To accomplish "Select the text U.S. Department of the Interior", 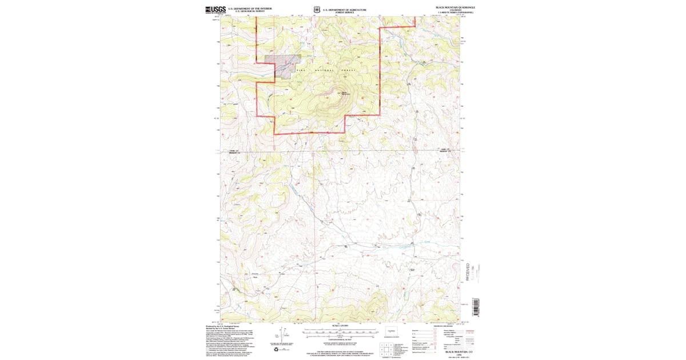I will coord(250,9).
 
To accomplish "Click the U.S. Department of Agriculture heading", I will coord(344,10).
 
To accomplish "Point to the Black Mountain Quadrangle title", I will coord(455,7).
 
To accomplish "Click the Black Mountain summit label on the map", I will coord(345,94).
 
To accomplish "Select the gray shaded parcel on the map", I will coord(282,59).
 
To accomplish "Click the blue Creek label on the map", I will coord(427,242).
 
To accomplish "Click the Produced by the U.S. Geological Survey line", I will coord(225,326).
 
